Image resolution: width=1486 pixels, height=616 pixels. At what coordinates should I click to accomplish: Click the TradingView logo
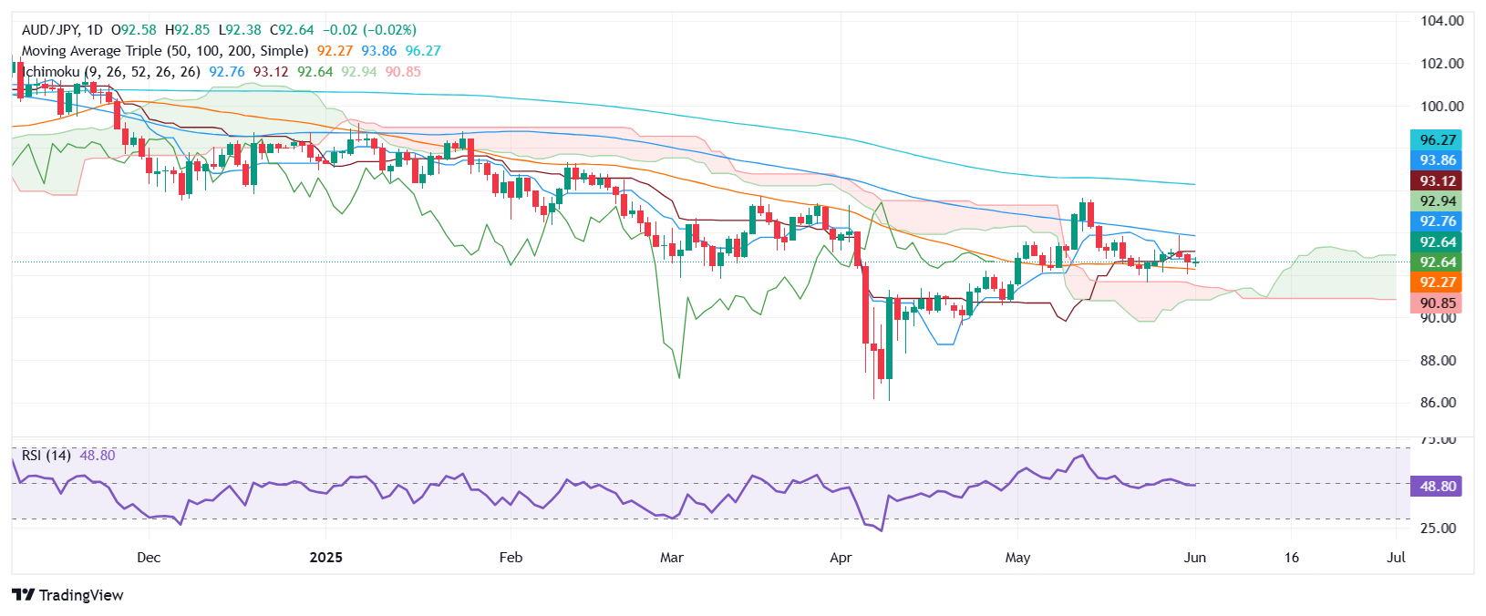pos(68,595)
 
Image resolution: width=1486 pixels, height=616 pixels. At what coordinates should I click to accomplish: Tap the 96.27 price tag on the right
pos(1436,139)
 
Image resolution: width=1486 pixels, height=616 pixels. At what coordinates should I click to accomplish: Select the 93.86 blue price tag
pos(1436,160)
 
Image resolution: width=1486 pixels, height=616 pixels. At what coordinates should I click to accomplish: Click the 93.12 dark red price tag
pos(1436,181)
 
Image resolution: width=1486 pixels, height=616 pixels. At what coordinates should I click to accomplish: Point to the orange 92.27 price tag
pos(1436,282)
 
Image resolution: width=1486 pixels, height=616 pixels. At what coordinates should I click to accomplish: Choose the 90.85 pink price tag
pos(1436,303)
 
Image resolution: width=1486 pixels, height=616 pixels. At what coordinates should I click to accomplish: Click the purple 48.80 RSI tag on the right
pos(1436,486)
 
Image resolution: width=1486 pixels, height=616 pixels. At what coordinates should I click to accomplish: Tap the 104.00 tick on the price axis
pos(1441,21)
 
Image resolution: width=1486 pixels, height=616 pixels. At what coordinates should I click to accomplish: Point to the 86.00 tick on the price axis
pos(1441,403)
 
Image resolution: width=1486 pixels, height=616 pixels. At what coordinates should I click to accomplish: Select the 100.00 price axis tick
pos(1441,106)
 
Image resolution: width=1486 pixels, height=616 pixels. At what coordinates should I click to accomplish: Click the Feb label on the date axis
pos(511,558)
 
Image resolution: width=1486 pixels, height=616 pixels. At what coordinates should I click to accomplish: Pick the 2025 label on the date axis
pos(325,558)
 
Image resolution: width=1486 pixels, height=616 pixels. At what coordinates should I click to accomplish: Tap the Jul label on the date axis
pos(1395,558)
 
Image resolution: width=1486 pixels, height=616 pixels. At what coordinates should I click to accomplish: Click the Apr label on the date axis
pos(841,558)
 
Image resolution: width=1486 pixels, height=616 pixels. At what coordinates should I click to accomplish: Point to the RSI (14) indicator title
pos(46,455)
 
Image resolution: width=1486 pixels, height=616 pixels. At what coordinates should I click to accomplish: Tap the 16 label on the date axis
pos(1291,558)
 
